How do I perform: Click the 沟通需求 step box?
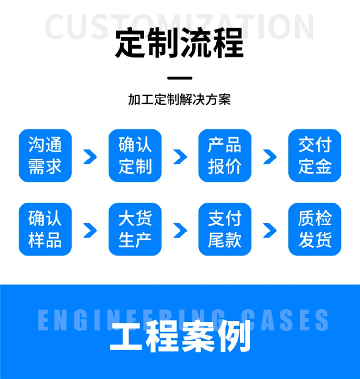45,156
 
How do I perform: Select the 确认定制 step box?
135,156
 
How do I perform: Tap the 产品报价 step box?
225,156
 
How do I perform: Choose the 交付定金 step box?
315,156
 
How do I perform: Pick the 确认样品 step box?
45,229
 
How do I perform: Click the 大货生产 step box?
135,229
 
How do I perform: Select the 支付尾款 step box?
225,229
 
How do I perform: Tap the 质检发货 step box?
315,229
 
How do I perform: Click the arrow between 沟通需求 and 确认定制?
90,157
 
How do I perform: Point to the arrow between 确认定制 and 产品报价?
180,157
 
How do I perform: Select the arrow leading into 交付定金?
270,157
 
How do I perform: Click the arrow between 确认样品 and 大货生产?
90,231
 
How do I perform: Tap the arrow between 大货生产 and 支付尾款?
180,231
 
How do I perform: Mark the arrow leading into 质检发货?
270,231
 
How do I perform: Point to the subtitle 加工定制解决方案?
180,99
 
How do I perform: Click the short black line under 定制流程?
180,78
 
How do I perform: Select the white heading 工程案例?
180,338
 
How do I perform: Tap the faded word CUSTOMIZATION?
180,26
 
